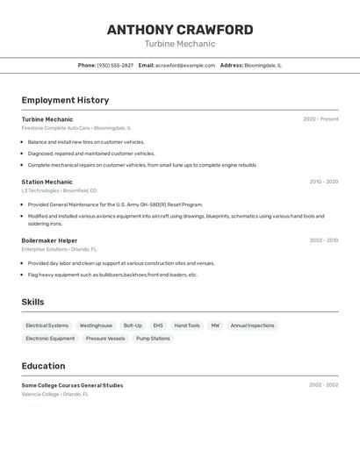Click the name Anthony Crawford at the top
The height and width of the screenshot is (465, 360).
coord(180,30)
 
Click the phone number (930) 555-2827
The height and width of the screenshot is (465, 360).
coord(115,65)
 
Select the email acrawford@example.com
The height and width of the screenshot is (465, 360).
coord(185,65)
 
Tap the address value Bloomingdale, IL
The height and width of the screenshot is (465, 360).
coord(263,65)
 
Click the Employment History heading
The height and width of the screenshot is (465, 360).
coord(65,100)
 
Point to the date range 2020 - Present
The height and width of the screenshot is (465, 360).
coord(320,119)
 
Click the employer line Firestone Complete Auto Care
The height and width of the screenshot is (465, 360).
coord(76,128)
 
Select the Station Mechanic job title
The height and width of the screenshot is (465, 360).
coord(47,182)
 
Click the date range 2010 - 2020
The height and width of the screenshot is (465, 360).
coord(323,182)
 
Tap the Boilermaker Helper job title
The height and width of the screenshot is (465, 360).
coord(49,240)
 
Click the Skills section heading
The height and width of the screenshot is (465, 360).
coord(32,302)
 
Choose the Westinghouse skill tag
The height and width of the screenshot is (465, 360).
coord(96,325)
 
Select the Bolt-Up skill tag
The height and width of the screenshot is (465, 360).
coord(133,325)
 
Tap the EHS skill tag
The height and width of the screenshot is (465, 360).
coord(158,325)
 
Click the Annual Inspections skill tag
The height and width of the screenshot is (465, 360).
coord(252,325)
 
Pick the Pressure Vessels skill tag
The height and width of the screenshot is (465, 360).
coord(105,339)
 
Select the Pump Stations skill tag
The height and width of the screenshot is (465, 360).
coord(154,339)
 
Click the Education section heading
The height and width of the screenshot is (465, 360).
coord(43,366)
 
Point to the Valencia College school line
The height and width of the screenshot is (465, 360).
coord(54,395)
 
